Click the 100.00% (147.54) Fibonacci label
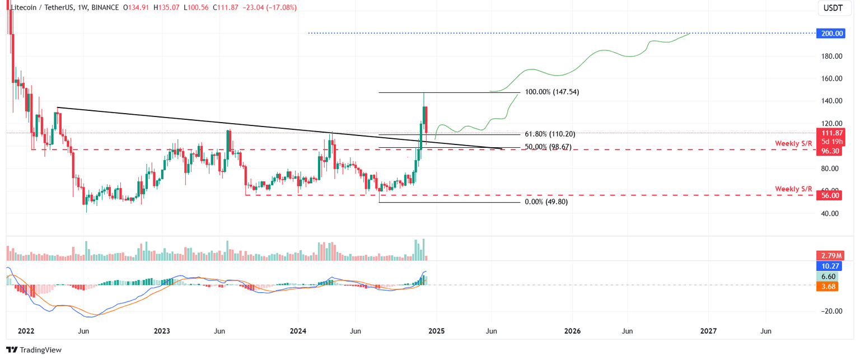coord(551,92)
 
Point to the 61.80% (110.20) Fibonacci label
coord(549,134)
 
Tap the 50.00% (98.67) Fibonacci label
coord(549,147)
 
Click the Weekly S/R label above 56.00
coord(793,189)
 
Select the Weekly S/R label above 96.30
coord(793,144)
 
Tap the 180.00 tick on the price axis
coord(832,56)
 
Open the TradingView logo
coord(34,350)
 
